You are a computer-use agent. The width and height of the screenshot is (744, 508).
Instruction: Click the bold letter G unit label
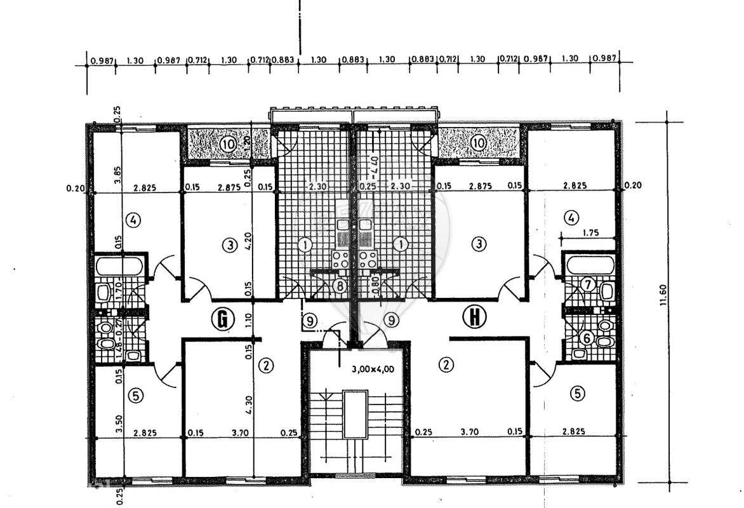tap(223, 319)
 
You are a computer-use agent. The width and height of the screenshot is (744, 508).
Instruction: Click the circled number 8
tap(340, 286)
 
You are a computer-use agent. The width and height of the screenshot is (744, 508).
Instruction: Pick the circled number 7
tap(588, 285)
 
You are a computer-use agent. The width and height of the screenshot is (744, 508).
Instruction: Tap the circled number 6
tap(587, 338)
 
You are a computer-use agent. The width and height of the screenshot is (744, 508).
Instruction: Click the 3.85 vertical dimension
tap(117, 171)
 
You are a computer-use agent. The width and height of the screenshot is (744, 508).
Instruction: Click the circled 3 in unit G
tap(229, 243)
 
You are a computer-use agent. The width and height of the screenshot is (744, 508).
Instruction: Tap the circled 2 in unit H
tap(448, 364)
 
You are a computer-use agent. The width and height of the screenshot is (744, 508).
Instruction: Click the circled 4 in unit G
tap(132, 221)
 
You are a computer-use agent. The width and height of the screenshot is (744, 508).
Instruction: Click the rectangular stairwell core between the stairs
tap(355, 414)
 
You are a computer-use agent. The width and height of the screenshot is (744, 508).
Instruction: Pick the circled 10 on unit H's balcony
tap(479, 144)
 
